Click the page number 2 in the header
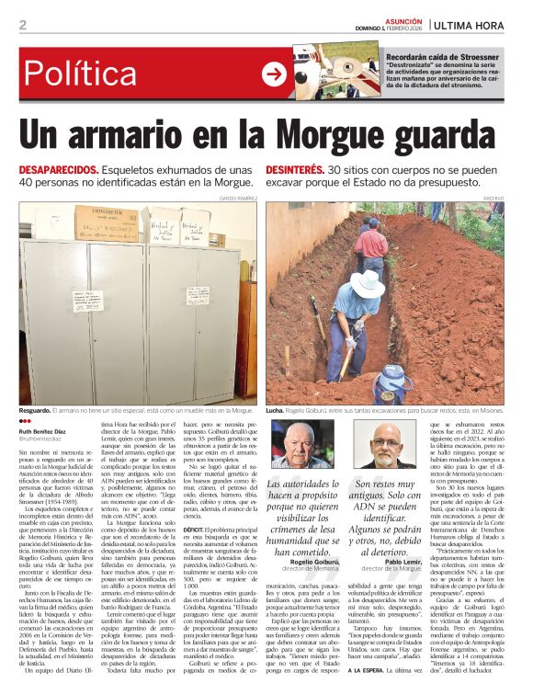point(23,25)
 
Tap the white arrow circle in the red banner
point(273,74)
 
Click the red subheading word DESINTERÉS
point(295,171)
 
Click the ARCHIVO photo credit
point(493,198)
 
